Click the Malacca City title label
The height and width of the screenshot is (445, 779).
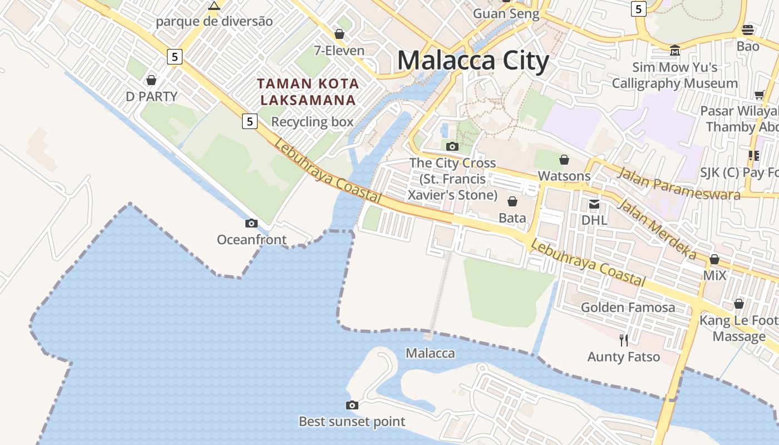tap(473, 60)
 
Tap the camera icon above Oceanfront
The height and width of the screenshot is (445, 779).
tap(252, 223)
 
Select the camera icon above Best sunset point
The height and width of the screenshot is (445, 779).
tap(352, 405)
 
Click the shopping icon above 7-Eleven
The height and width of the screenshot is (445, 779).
tap(339, 34)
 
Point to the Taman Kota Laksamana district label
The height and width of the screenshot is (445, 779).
tap(308, 92)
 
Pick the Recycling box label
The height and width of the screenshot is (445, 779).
tap(312, 122)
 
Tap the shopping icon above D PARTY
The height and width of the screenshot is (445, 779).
tap(151, 80)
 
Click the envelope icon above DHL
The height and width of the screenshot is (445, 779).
tap(594, 204)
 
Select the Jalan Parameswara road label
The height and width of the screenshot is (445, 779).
tap(679, 183)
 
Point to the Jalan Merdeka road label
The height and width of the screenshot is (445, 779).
tap(657, 229)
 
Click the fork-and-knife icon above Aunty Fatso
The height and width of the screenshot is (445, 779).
tap(624, 340)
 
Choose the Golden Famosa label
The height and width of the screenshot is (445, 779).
tap(628, 307)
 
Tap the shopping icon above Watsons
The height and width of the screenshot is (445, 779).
tap(564, 160)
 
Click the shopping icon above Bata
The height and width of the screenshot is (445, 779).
tap(512, 201)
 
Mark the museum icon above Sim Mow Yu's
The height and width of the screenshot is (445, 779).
tap(675, 50)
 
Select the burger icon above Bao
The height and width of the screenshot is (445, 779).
tap(748, 29)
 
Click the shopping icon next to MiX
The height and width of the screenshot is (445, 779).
tap(714, 259)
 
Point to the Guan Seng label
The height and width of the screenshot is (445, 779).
tap(506, 14)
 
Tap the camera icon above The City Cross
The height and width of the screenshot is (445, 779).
tap(452, 146)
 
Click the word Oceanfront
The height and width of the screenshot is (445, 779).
tap(252, 240)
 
